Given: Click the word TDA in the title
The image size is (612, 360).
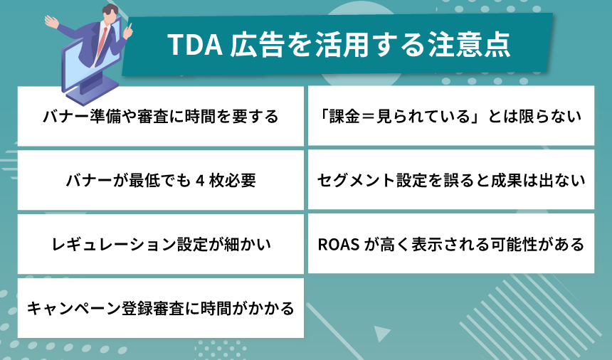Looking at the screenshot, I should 191,46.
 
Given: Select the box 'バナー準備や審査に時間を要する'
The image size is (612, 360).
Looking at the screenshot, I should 161,116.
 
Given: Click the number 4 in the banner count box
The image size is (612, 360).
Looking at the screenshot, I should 201,180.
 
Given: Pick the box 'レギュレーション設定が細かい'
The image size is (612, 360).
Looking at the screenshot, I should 161,244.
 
